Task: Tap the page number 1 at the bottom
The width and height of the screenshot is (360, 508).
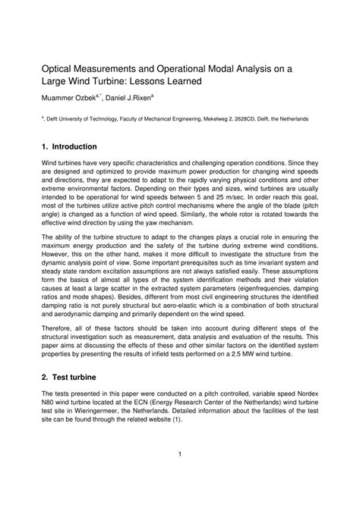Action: [x=179, y=475]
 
